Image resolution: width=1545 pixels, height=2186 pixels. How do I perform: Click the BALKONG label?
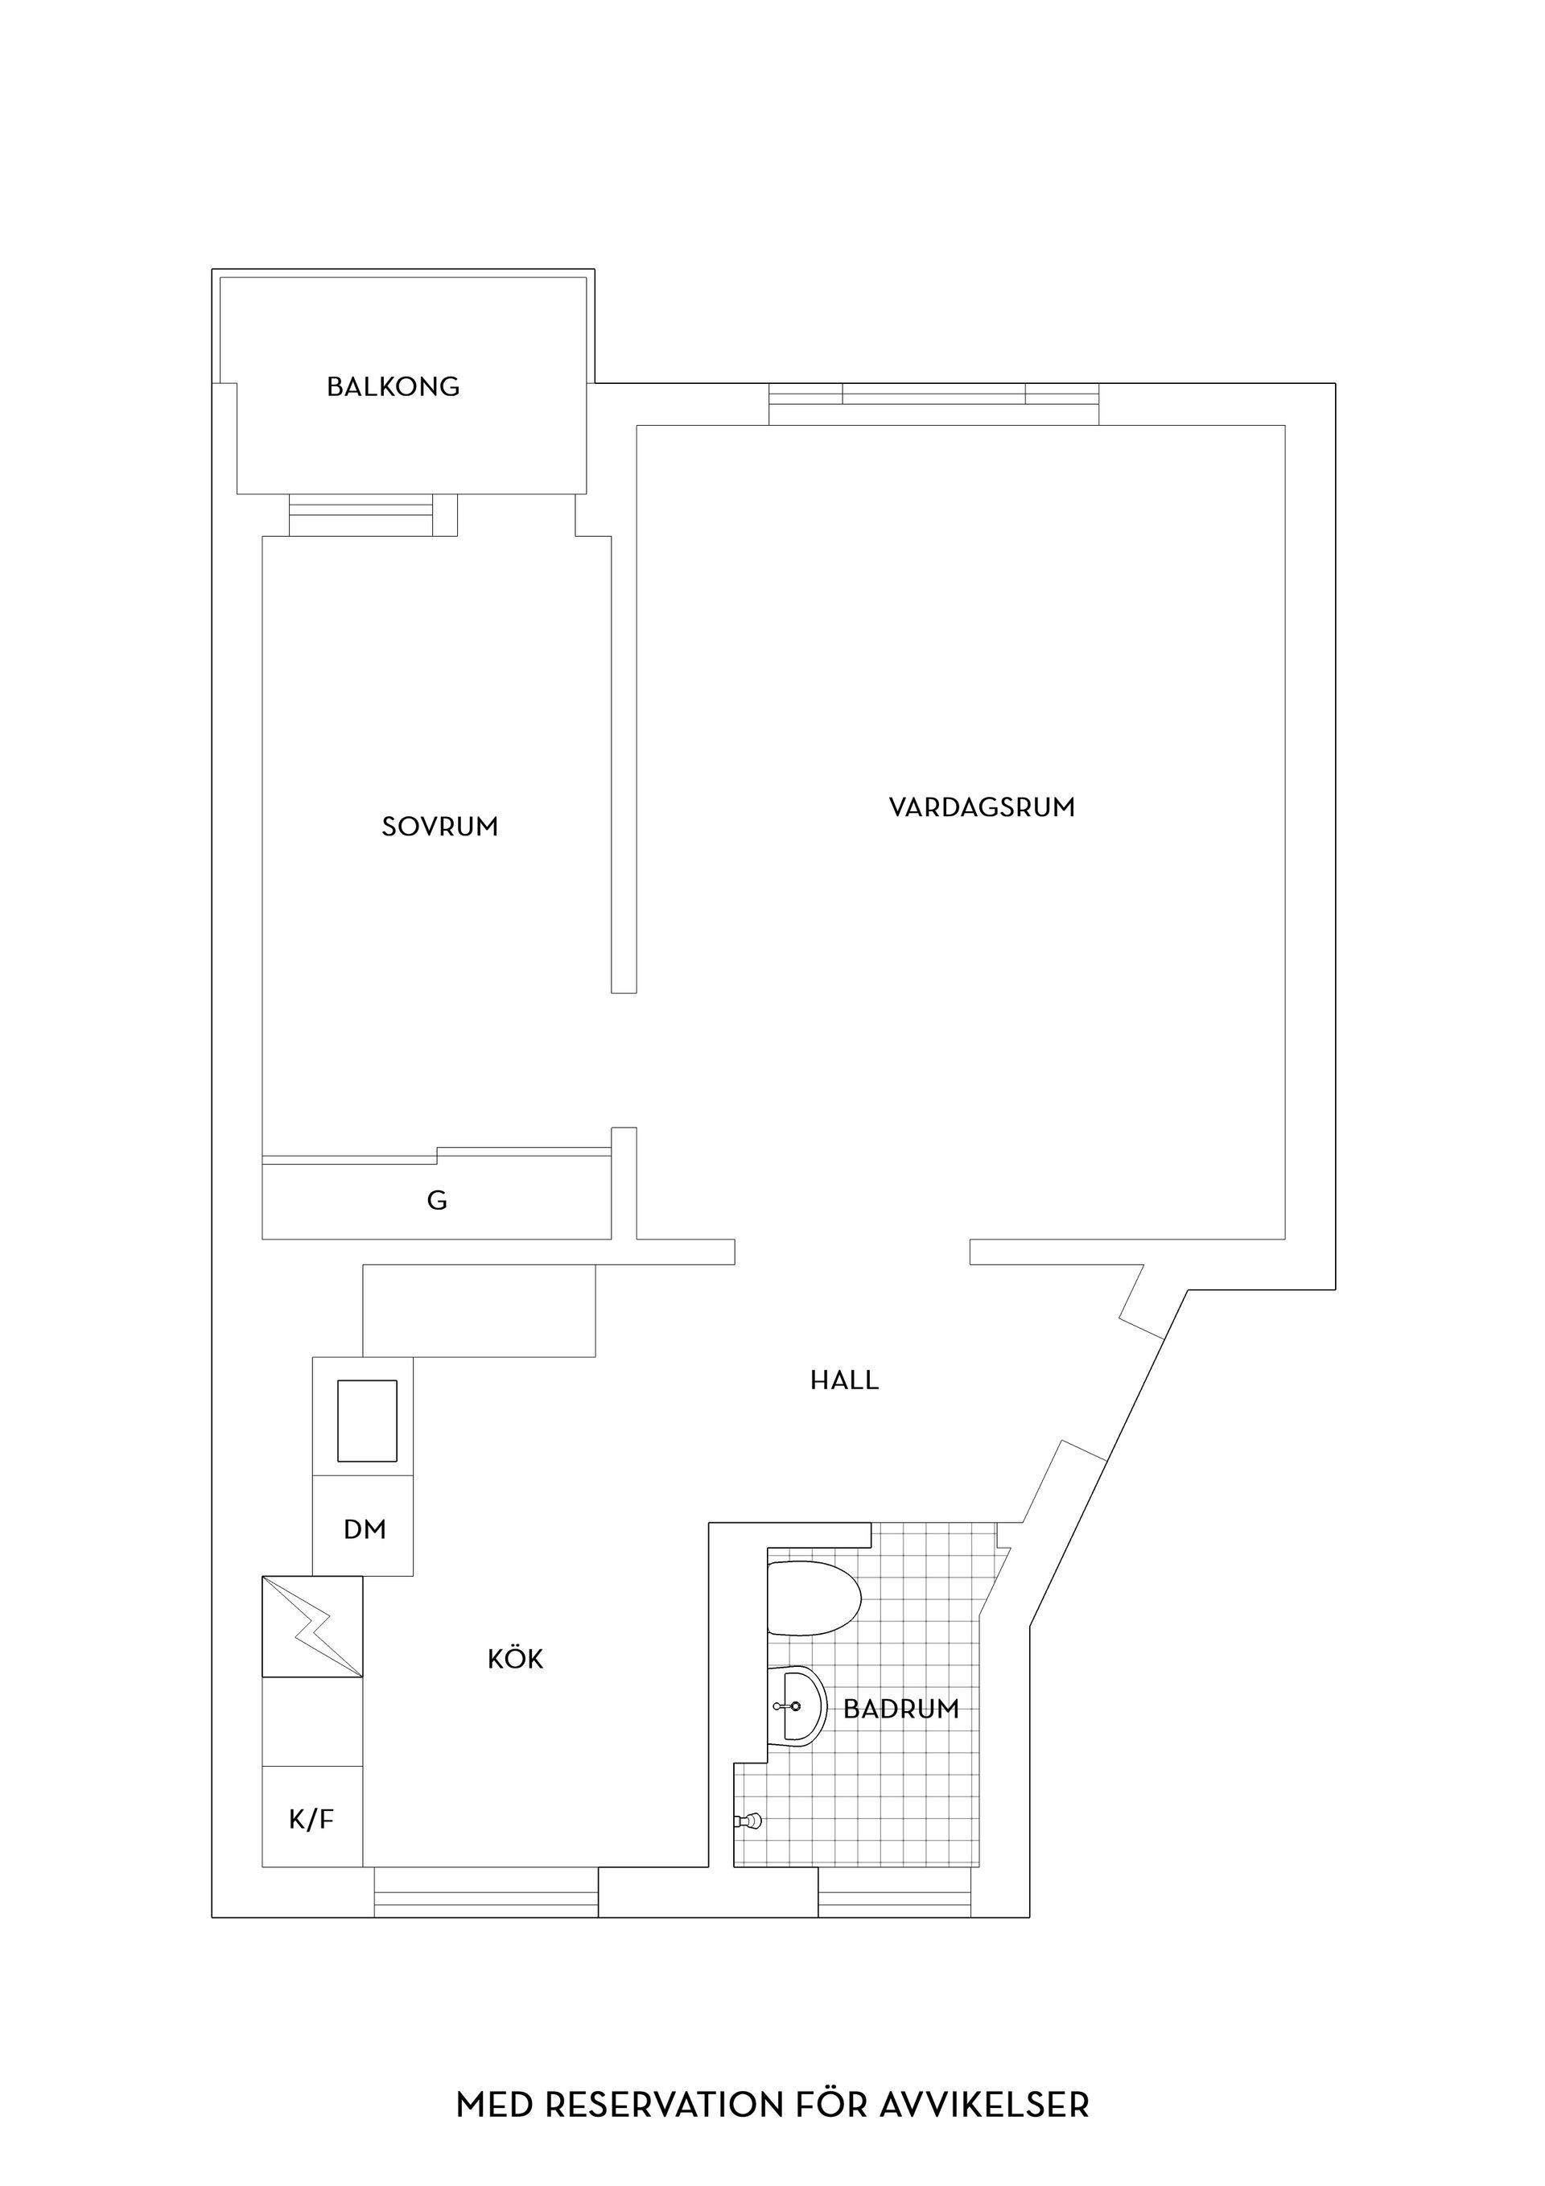[393, 386]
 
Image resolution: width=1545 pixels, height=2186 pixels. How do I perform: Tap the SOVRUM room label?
[440, 827]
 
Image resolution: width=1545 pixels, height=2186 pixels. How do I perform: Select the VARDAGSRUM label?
[982, 807]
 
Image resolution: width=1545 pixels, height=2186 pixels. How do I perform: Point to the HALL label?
[844, 1380]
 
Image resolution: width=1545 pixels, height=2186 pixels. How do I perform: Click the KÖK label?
[515, 1660]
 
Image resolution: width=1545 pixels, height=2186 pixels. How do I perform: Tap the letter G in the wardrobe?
[437, 1201]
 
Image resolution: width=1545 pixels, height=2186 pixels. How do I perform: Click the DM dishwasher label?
[365, 1530]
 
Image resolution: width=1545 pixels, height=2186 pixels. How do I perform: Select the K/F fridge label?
[312, 1821]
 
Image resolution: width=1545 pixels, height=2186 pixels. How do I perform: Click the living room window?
[934, 404]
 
